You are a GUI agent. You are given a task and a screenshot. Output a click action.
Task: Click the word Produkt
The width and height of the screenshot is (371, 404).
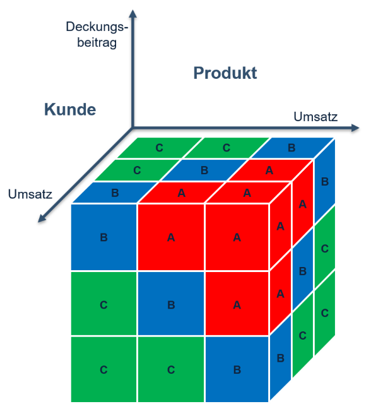[225, 73]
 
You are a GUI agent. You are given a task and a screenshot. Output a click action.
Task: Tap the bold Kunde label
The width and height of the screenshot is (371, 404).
[70, 109]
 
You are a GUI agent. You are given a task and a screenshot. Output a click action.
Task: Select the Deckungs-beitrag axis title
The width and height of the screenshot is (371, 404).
[97, 35]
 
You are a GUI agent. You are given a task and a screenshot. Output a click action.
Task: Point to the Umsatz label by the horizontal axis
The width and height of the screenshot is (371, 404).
[315, 117]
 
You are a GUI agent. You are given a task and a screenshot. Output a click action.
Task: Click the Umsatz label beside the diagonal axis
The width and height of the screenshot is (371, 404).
[30, 194]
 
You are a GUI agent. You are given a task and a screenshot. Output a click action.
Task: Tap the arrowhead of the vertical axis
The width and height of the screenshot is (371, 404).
[132, 14]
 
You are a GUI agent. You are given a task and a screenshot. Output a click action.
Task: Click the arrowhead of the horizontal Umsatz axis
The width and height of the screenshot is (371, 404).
[355, 128]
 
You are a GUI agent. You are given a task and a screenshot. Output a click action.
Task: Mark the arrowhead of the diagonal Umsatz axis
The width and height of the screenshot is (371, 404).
[42, 218]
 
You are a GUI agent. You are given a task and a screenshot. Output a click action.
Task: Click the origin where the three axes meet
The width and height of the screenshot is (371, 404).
[132, 128]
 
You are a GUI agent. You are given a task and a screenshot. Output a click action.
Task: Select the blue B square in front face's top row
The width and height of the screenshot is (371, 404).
[103, 237]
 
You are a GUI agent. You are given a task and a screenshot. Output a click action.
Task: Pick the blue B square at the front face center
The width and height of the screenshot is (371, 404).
[171, 304]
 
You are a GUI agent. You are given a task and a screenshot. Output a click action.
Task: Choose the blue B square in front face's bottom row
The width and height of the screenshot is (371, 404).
[237, 369]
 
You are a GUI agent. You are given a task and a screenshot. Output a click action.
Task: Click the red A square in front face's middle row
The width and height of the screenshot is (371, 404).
[237, 304]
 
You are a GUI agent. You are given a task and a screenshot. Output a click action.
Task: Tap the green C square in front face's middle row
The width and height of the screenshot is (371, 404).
[103, 304]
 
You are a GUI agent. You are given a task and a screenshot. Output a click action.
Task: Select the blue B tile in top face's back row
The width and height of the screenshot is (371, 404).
[292, 148]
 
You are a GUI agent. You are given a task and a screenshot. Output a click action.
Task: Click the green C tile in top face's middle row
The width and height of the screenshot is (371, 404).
[137, 170]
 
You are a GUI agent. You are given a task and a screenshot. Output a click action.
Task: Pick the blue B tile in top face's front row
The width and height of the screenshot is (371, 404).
[115, 193]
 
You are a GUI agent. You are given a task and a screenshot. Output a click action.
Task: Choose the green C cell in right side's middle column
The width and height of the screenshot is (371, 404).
[303, 335]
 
